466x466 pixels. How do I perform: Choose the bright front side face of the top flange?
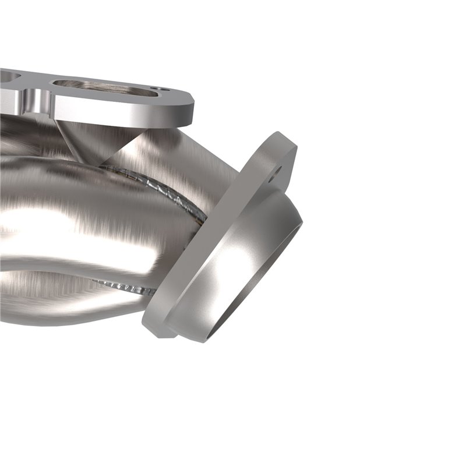coord(116,111)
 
